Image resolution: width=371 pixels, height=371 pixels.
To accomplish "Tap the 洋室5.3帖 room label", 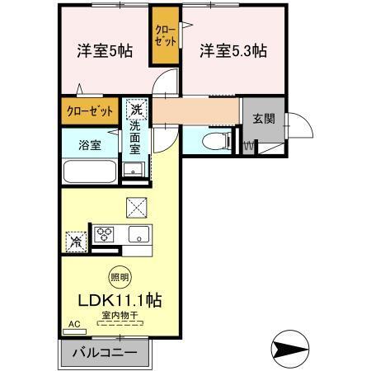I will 232,50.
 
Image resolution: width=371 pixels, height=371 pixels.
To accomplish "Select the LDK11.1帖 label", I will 119,301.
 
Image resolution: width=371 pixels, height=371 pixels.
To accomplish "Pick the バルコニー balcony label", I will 105,353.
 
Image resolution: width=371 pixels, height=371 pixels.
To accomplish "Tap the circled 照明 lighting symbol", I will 119,279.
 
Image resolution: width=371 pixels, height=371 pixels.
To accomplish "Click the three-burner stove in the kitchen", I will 106,232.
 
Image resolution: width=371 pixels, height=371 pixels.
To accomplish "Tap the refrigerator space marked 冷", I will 75,242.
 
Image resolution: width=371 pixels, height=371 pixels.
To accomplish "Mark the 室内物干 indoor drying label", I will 119,315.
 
